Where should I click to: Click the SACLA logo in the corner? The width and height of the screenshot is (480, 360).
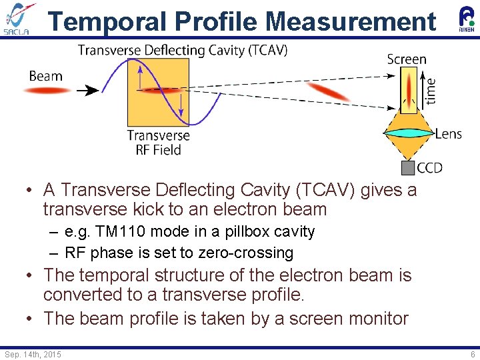(x=21, y=19)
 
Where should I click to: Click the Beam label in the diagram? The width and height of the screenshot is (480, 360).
(x=45, y=75)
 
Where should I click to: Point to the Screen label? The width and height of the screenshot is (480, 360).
(x=406, y=59)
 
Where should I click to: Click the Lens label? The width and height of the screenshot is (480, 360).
(x=448, y=134)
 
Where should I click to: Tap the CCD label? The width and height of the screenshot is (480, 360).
(x=429, y=167)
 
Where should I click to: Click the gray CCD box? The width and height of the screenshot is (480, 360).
(x=407, y=167)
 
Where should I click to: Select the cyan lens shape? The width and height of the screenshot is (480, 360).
(x=408, y=133)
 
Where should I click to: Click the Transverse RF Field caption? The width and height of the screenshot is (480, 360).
(x=158, y=143)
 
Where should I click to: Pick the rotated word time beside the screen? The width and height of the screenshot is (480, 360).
(x=431, y=91)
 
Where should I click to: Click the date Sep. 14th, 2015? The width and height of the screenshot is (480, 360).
(x=33, y=354)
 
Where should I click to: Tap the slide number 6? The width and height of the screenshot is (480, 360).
(x=473, y=354)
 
